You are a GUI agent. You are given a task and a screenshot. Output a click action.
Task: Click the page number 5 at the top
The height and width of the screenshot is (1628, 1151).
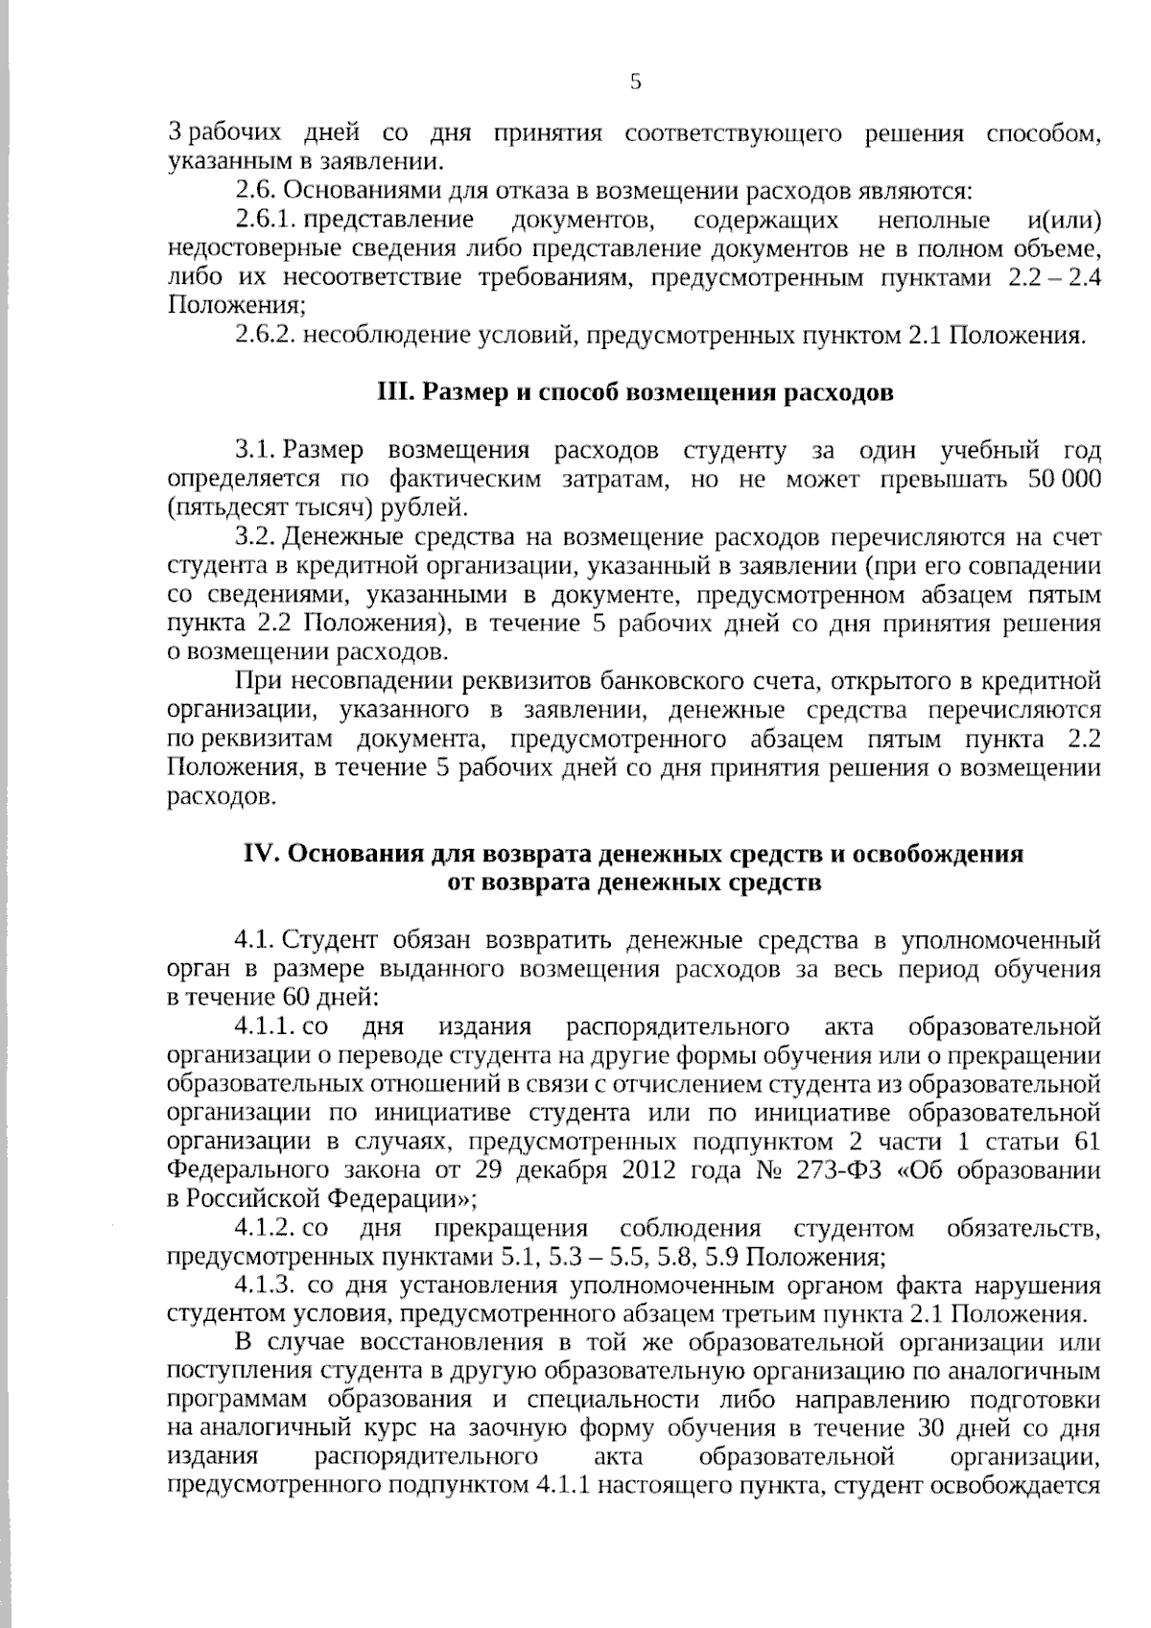(635, 83)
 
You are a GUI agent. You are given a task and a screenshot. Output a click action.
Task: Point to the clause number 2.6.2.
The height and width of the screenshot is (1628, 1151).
(268, 336)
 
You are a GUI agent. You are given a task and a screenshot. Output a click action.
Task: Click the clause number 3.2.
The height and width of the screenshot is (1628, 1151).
(255, 537)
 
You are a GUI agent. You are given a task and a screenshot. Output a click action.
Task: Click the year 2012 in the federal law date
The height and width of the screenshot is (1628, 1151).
(651, 1170)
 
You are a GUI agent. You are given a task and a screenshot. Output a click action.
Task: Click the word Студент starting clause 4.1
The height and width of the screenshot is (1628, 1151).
(330, 939)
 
